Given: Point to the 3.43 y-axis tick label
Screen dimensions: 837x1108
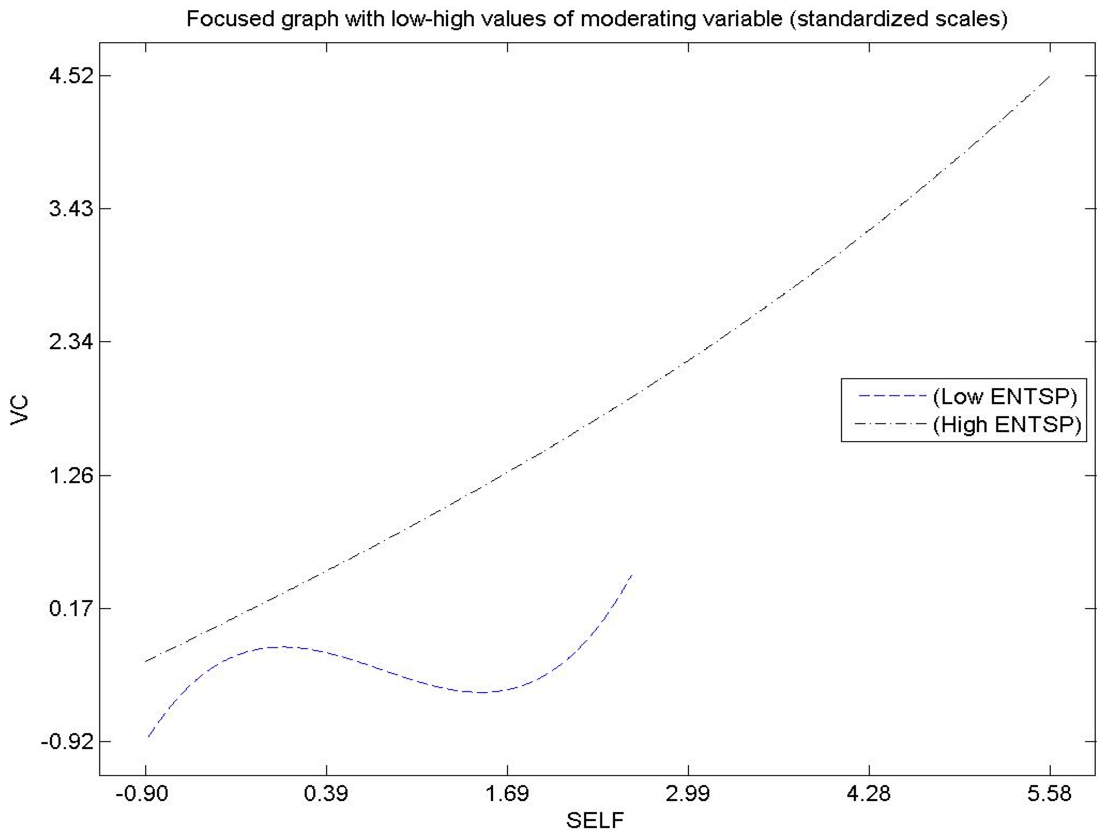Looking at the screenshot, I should click(x=71, y=209).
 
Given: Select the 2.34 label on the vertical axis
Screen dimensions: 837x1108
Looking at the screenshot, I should click(x=71, y=343).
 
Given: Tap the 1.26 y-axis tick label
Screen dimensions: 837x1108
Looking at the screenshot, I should click(x=71, y=476).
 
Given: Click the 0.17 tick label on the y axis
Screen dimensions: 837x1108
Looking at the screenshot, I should click(x=71, y=609).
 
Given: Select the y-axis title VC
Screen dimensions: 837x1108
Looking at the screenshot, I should click(x=20, y=410).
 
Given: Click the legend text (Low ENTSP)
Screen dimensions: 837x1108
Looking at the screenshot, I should click(x=1005, y=396).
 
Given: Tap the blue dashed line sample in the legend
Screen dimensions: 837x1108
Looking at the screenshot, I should click(x=892, y=396).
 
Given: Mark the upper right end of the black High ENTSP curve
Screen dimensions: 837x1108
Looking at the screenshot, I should click(x=1049, y=76).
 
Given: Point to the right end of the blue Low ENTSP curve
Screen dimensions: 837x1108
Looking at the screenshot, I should click(x=632, y=575).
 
